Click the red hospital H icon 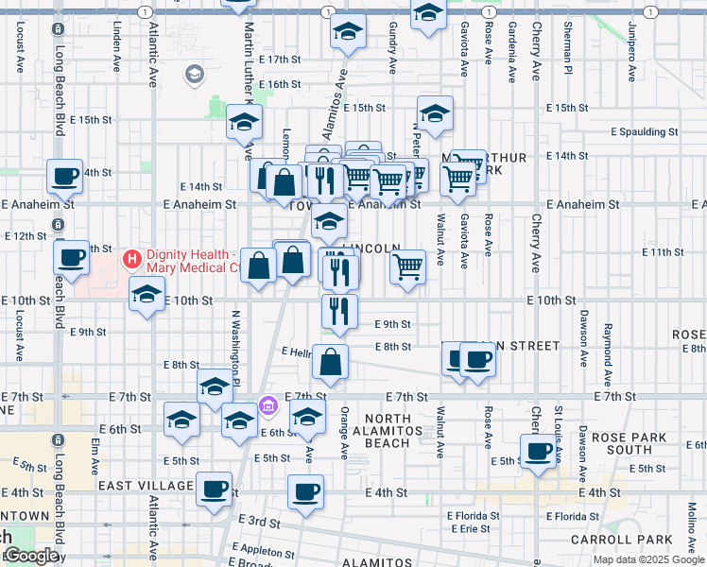[x=132, y=257]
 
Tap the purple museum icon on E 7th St [x=268, y=405]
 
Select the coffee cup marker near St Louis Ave [x=539, y=450]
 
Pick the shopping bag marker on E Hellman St [x=331, y=362]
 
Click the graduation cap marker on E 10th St [x=147, y=294]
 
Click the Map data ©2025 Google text [x=647, y=559]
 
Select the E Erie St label [x=473, y=528]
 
